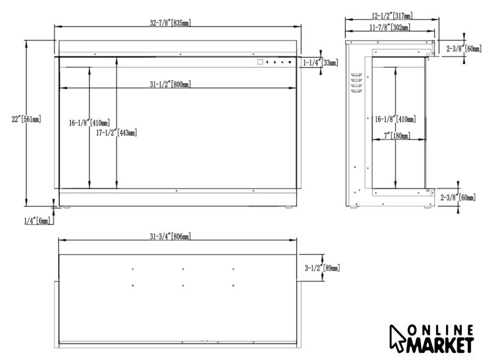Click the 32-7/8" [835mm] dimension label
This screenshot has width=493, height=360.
point(170,23)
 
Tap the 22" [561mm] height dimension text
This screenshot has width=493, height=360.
point(26,120)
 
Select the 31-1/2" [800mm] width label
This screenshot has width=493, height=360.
point(170,84)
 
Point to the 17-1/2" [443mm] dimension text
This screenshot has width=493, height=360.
point(116,133)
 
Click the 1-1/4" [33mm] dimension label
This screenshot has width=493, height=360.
point(320,63)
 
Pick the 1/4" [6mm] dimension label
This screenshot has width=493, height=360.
point(37,221)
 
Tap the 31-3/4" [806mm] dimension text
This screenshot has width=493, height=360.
point(170,236)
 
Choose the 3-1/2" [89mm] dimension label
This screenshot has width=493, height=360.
point(322,269)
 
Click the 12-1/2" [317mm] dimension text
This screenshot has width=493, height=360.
point(392,16)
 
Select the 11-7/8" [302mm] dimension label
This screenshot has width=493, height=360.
point(390,28)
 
